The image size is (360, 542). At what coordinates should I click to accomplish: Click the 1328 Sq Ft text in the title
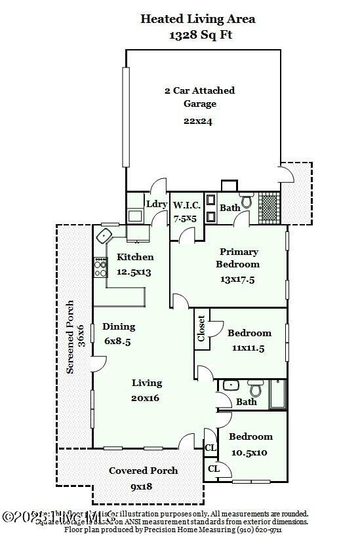[197, 35]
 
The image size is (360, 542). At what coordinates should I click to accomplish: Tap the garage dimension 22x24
[199, 121]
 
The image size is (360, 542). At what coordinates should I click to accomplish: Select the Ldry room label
[156, 204]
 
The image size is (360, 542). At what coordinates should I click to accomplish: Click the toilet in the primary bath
[247, 201]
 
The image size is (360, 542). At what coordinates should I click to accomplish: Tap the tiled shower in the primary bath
[270, 208]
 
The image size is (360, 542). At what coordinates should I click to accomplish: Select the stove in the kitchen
[100, 266]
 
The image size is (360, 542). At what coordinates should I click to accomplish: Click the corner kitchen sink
[105, 235]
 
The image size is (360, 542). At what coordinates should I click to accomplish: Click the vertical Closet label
[201, 329]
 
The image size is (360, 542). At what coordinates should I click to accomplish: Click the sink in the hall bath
[230, 385]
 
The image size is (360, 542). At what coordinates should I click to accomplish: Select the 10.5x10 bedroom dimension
[249, 452]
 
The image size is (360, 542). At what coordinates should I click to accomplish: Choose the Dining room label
[119, 326]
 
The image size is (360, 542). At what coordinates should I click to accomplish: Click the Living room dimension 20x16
[146, 397]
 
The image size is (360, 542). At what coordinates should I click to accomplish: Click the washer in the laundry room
[135, 214]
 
